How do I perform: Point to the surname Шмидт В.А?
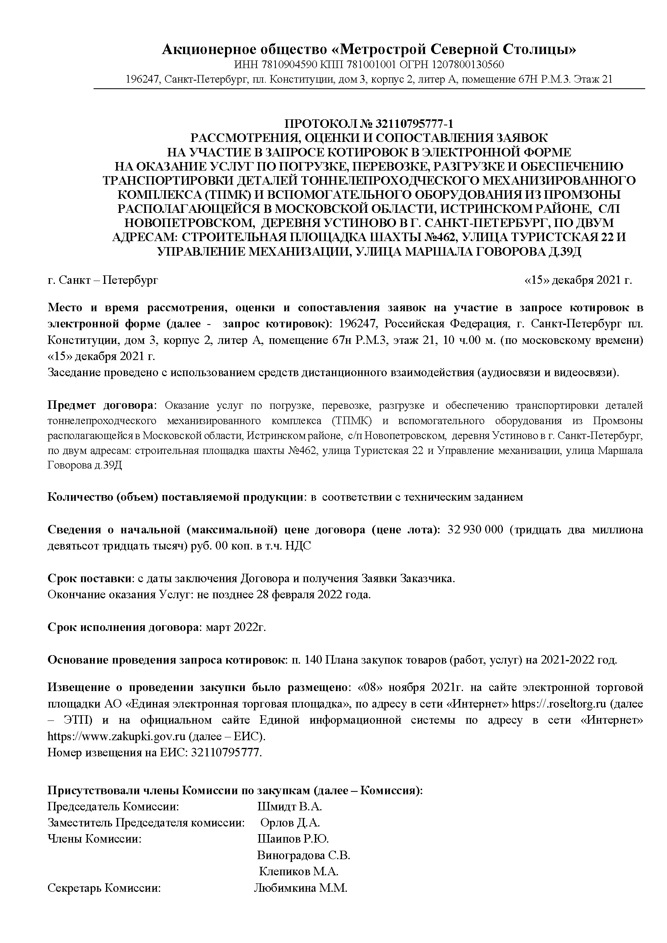pyautogui.click(x=290, y=807)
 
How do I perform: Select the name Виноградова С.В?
pyautogui.click(x=304, y=855)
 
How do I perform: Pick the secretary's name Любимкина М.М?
pyautogui.click(x=301, y=888)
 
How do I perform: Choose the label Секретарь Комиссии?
pyautogui.click(x=104, y=888)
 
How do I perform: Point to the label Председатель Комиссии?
pyautogui.click(x=113, y=807)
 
